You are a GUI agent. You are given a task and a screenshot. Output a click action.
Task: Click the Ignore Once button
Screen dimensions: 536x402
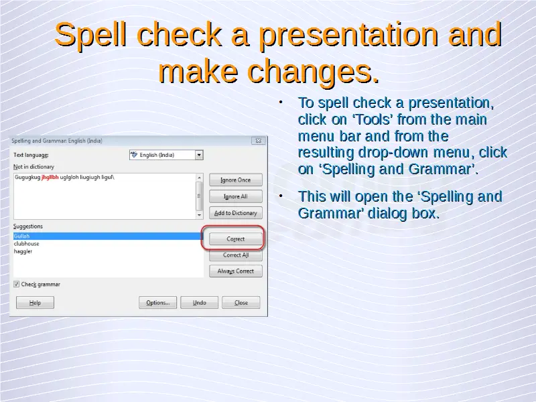pos(236,180)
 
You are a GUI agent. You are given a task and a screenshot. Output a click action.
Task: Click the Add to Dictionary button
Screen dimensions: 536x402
pos(236,213)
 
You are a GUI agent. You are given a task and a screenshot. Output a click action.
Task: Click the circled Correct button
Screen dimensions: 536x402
pos(236,239)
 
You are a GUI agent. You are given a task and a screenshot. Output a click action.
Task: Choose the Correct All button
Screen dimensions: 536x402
pos(236,255)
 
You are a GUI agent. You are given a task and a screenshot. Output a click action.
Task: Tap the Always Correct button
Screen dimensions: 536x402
pos(236,271)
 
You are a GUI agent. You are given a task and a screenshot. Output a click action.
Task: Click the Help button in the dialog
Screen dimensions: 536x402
pos(35,303)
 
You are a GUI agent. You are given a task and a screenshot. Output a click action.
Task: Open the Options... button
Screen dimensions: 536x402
pos(158,303)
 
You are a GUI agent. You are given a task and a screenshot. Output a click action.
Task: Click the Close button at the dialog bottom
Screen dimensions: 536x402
pos(241,303)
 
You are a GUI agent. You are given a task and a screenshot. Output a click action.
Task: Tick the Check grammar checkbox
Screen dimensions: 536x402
pos(16,284)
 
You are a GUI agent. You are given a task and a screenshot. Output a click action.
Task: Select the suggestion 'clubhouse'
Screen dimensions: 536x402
pos(26,244)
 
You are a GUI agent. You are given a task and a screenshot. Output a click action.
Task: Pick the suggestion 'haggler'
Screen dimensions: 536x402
pos(23,251)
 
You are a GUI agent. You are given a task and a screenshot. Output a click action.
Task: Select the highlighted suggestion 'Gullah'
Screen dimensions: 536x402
pos(21,237)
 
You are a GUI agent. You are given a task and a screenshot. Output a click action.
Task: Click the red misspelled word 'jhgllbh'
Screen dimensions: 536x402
pos(50,177)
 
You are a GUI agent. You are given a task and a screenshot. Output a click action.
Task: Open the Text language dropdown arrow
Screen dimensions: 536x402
pos(199,155)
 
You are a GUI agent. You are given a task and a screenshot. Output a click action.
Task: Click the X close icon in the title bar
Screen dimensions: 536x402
pos(259,141)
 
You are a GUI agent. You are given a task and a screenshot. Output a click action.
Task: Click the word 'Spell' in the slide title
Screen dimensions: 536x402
pos(90,36)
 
